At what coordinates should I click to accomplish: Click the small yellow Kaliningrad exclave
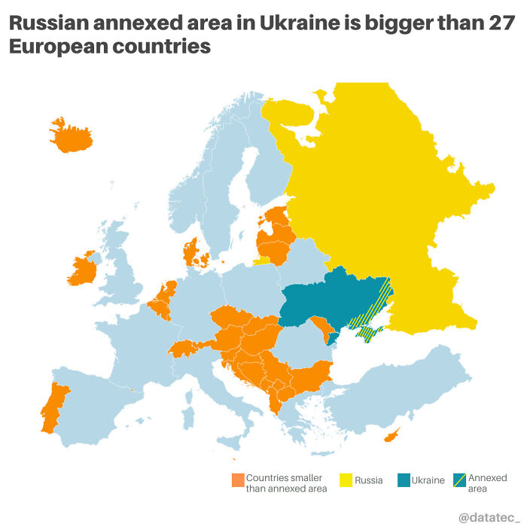tap(260, 260)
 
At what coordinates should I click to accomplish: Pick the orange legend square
tap(238, 480)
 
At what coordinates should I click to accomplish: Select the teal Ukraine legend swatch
tap(404, 480)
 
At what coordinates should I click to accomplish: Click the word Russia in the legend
tap(369, 480)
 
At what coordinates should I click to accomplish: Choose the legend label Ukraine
tap(428, 480)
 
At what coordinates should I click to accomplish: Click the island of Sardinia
tap(187, 414)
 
